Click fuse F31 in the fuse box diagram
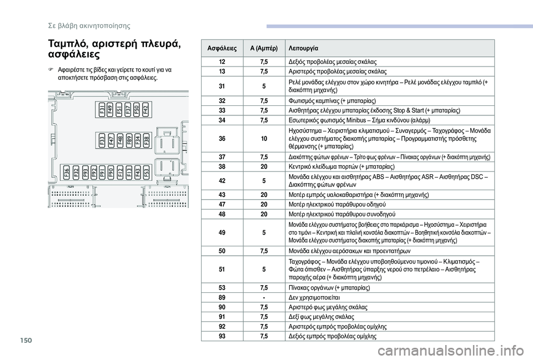pyautogui.click(x=103, y=109)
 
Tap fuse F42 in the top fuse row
pyautogui.click(x=146, y=109)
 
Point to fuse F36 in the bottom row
pyautogui.click(x=67, y=171)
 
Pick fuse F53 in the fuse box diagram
pyautogui.click(x=146, y=171)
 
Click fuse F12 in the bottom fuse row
pyautogui.click(x=120, y=171)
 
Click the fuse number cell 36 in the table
pyautogui.click(x=222, y=138)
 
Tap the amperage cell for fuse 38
pyautogui.click(x=263, y=165)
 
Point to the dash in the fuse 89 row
pyautogui.click(x=263, y=297)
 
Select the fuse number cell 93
pyautogui.click(x=222, y=336)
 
